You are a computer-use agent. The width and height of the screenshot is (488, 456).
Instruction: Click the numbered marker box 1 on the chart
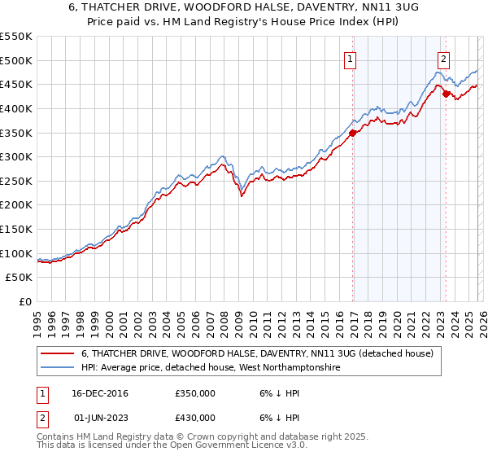click(x=350, y=59)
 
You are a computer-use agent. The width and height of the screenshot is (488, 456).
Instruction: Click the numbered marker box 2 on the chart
click(x=443, y=59)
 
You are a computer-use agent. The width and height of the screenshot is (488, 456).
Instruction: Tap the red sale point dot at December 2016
click(x=352, y=133)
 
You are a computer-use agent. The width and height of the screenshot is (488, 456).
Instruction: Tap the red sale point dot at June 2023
click(x=446, y=94)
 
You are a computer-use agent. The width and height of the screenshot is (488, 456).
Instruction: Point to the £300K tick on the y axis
click(x=16, y=156)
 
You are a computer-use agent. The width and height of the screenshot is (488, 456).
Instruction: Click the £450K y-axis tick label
click(x=16, y=84)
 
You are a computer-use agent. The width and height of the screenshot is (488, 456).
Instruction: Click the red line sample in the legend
click(x=58, y=353)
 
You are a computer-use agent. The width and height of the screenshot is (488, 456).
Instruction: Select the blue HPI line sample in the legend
click(x=58, y=368)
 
